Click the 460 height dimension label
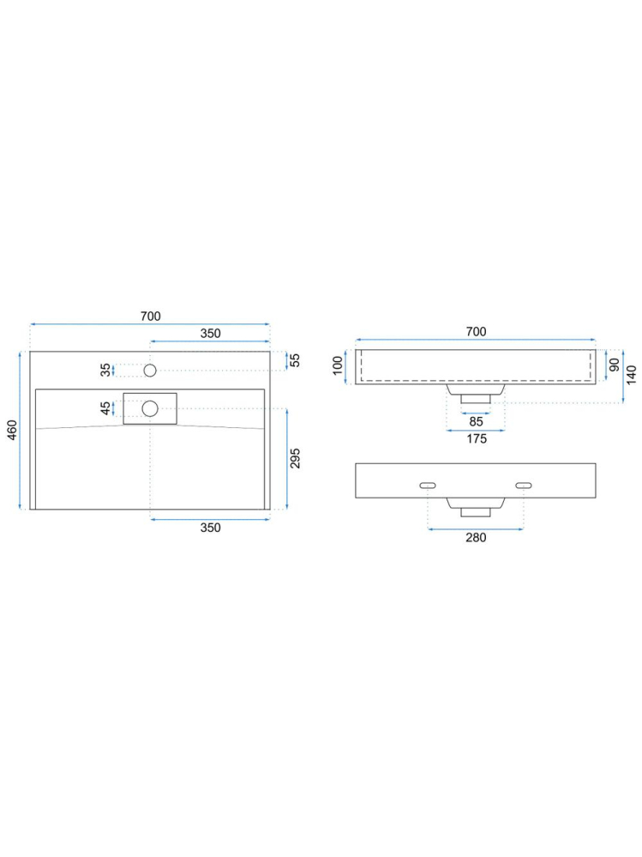click(12, 430)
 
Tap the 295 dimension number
click(295, 459)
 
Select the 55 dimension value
click(295, 360)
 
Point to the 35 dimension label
click(105, 370)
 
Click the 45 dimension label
click(105, 408)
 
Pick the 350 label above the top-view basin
click(210, 334)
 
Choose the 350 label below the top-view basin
click(210, 528)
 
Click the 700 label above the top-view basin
click(151, 316)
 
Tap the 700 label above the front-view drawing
click(476, 331)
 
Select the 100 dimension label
click(338, 365)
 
